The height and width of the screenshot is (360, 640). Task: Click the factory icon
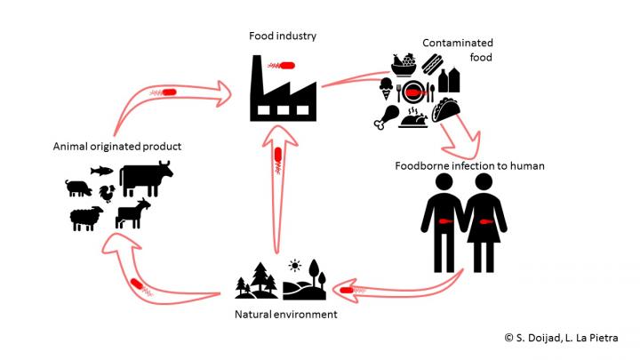283,91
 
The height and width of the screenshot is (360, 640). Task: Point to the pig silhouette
78,188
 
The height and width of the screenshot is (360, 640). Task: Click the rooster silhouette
108,193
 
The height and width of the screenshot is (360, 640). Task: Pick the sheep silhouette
87,219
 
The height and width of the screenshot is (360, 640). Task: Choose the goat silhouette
132,214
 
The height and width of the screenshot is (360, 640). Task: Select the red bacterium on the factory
287,64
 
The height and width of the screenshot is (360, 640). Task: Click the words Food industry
283,36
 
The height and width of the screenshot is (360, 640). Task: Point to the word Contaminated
458,42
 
